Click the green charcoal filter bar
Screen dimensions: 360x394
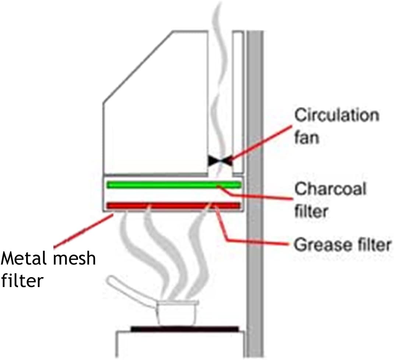pos(173,185)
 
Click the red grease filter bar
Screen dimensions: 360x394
pos(173,205)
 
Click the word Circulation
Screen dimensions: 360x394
pos(336,115)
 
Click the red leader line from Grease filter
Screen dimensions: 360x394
pos(254,241)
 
